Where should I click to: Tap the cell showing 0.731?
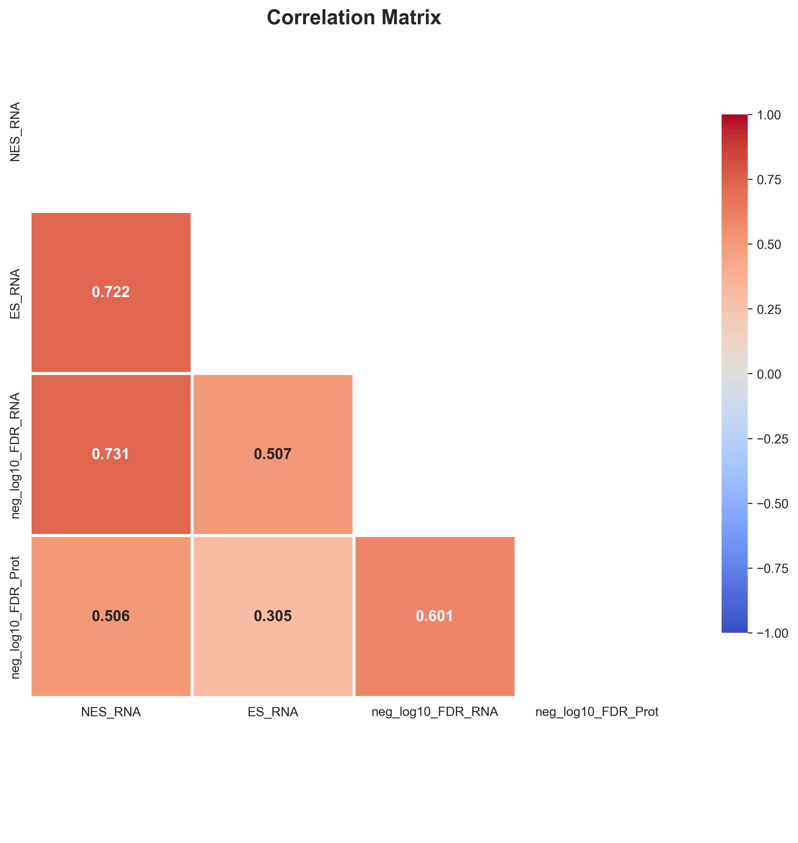coord(110,454)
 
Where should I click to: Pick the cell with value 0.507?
coord(273,454)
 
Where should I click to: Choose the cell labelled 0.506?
coord(110,616)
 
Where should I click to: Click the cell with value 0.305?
coord(273,616)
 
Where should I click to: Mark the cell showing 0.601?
coord(434,616)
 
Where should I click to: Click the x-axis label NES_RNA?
coord(110,712)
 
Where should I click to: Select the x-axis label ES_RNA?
coord(273,712)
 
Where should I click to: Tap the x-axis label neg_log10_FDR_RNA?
coord(434,712)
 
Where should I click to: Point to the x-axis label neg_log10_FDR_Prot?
coord(596,712)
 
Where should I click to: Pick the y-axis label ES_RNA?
coord(15,294)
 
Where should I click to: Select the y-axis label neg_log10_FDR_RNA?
coord(15,455)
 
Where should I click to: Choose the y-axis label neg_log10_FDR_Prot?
coord(15,617)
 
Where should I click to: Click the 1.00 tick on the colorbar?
coord(769,115)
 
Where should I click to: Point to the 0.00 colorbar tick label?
coord(769,374)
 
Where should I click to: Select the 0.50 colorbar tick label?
coord(769,245)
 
